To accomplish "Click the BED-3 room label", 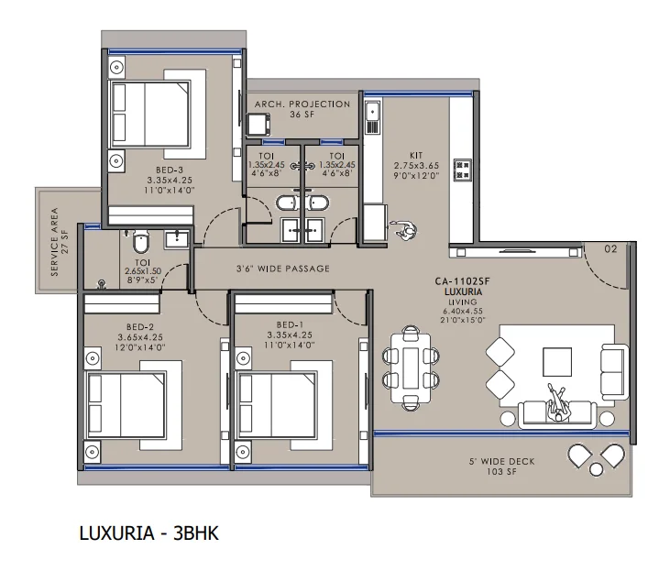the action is tap(170, 170).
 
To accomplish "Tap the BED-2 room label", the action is tap(140, 327).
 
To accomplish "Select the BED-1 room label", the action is tap(290, 325).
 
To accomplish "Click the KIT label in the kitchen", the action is tap(416, 155).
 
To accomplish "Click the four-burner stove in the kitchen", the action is tap(463, 170).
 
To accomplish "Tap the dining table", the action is tap(411, 368).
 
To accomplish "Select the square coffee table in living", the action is tap(557, 361).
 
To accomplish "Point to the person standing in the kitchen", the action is tap(405, 231).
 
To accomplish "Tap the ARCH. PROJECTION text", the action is tap(302, 104).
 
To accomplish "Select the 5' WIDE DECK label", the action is tap(501, 461).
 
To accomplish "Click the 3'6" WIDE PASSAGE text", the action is tap(283, 269).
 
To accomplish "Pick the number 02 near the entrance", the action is tap(610, 248).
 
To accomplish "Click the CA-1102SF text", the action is tap(462, 281).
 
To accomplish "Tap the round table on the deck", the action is tap(596, 469).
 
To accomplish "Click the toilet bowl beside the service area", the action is tap(140, 241).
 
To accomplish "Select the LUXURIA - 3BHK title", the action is tap(148, 533).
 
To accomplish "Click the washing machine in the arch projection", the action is tap(258, 125).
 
